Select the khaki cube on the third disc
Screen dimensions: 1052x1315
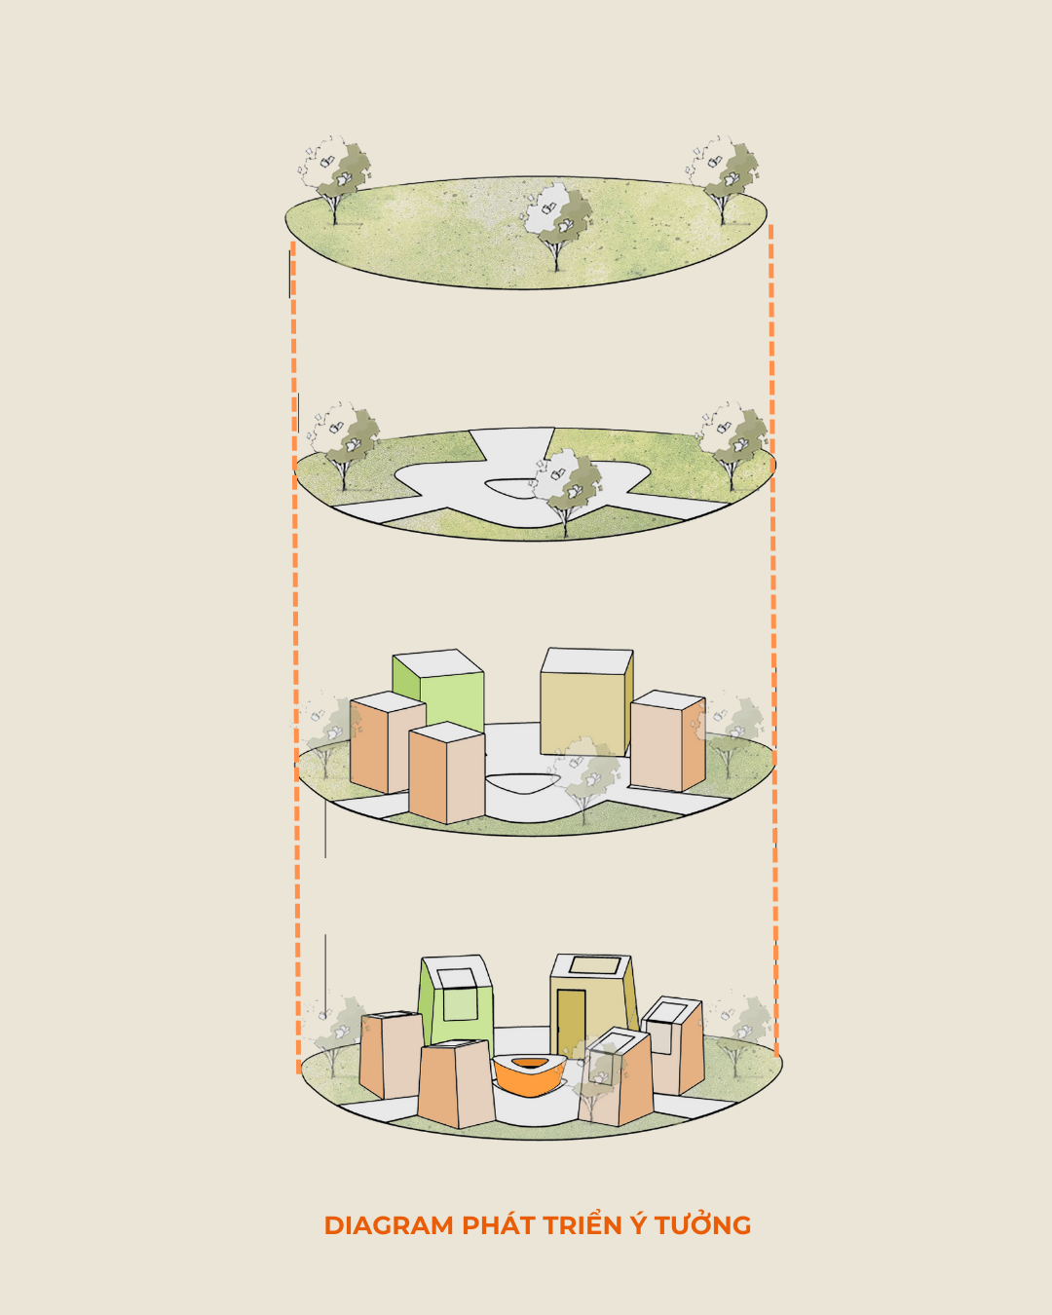pos(586,702)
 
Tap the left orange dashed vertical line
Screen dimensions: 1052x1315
pos(296,657)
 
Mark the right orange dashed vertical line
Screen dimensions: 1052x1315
pos(773,640)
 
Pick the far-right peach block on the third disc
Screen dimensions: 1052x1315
pos(667,741)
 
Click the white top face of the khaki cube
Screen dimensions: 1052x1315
pos(586,660)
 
